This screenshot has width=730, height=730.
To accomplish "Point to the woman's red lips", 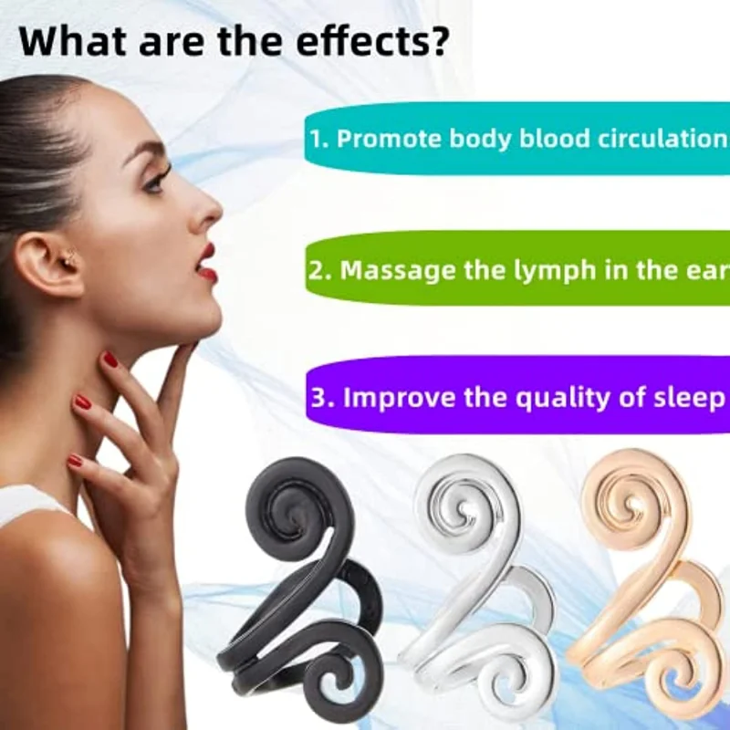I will point(207,262).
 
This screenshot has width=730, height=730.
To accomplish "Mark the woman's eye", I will point(157,178).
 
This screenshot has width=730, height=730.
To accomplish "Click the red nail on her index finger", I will point(110,360).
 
